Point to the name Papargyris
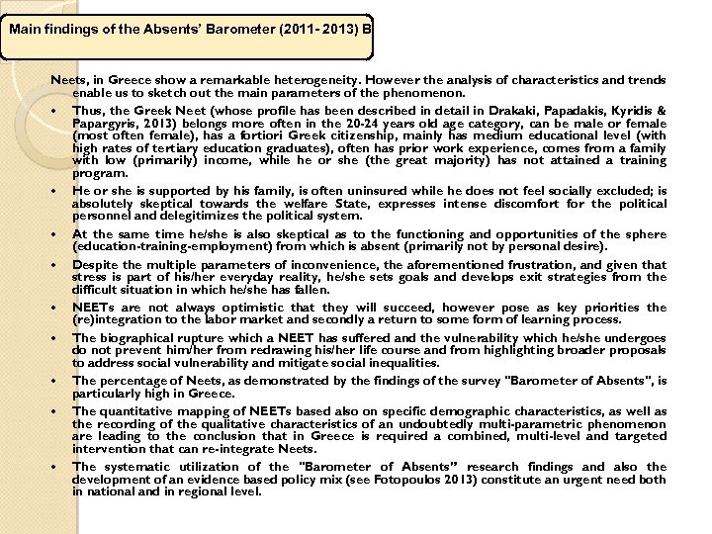[108, 123]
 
